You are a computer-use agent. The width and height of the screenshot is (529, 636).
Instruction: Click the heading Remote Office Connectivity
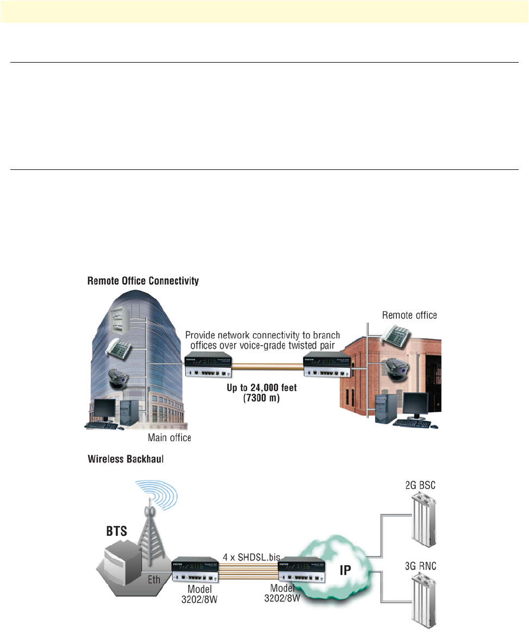click(x=144, y=282)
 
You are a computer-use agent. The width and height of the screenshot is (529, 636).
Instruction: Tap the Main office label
click(x=170, y=437)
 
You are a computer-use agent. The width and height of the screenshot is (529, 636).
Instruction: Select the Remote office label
click(x=409, y=315)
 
